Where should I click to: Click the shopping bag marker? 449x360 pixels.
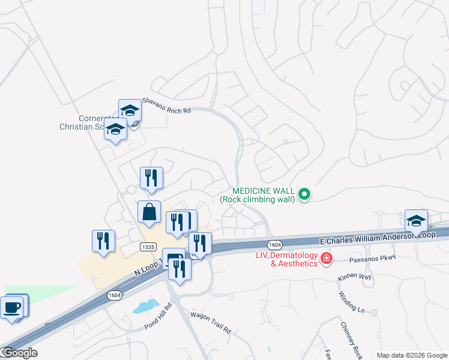point(149,212)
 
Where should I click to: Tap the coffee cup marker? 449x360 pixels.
point(12,308)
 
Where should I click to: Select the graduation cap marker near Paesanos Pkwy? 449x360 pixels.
point(416,221)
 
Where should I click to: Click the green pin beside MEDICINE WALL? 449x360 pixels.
point(304,194)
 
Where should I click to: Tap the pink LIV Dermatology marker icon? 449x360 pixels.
point(327,259)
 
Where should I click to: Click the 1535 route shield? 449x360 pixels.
point(148,247)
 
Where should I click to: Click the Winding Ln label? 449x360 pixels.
point(352,304)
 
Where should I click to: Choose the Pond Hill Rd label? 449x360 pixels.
point(158,316)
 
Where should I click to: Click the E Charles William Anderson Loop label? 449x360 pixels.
point(378,238)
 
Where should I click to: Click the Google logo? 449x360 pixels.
point(19,353)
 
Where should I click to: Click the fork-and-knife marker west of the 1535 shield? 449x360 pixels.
point(103,241)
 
